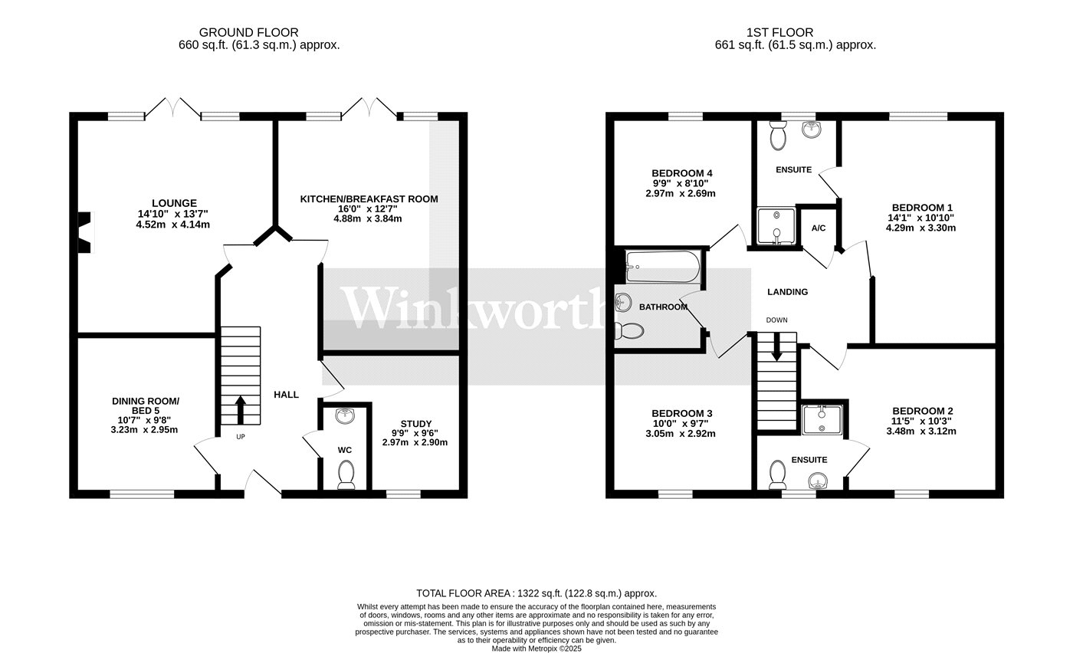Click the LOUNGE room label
[175, 203]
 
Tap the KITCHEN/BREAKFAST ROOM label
[369, 199]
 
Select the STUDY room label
[415, 424]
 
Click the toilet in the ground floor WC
[346, 474]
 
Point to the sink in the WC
[345, 416]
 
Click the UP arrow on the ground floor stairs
[241, 410]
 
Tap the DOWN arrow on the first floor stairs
[776, 346]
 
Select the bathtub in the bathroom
[664, 267]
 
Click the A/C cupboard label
[819, 228]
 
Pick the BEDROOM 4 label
[682, 173]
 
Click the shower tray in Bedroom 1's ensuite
[776, 226]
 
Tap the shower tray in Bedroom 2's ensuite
[822, 420]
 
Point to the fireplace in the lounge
[85, 232]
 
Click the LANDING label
[788, 292]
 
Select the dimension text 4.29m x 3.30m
[920, 228]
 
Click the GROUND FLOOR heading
[248, 33]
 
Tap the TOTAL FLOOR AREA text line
[536, 593]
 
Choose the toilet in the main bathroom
[629, 330]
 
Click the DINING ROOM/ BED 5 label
[146, 405]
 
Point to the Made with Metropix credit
[536, 648]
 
